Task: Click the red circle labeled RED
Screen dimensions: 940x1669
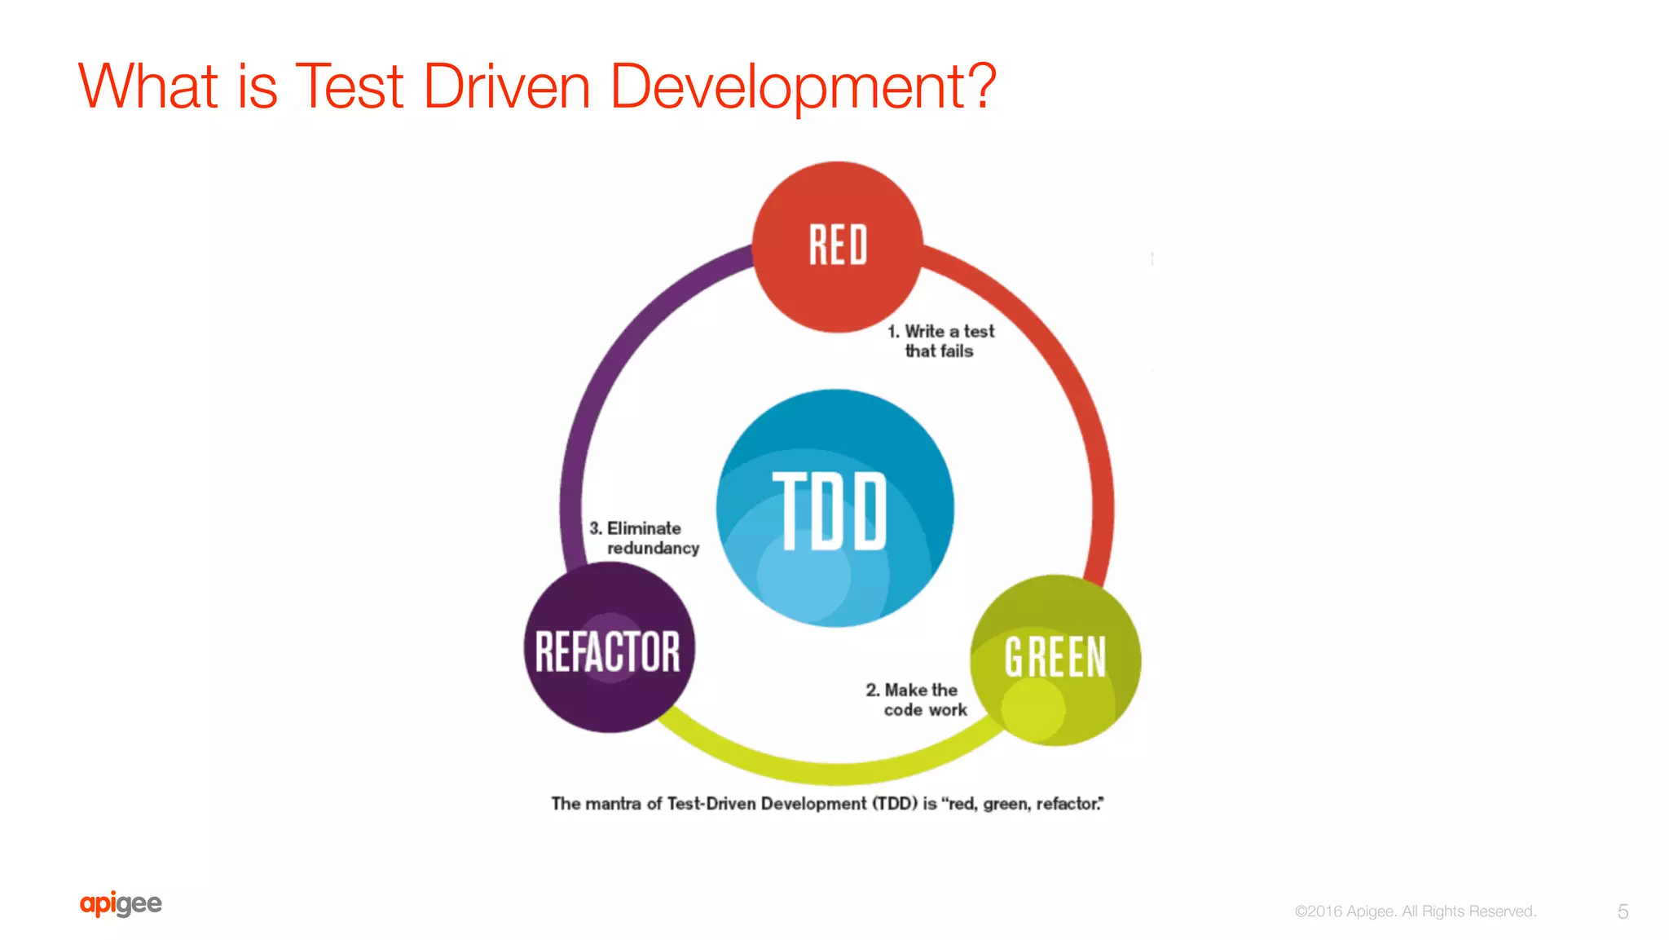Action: click(x=837, y=246)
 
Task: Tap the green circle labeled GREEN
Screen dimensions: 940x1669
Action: click(x=1055, y=659)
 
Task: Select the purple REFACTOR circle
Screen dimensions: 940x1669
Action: click(x=608, y=648)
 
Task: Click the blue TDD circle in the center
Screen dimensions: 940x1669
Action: click(x=834, y=508)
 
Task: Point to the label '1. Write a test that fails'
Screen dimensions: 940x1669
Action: click(x=940, y=341)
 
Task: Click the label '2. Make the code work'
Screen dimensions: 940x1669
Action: click(x=918, y=699)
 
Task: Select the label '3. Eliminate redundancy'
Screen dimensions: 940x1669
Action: click(x=644, y=538)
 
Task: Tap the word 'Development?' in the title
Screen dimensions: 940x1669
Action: click(x=802, y=86)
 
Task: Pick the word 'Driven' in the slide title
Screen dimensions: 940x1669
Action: click(x=506, y=86)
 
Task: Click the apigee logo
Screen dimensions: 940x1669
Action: click(x=121, y=903)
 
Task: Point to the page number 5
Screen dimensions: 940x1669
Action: click(x=1623, y=911)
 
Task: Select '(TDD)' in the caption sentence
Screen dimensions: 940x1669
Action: click(x=895, y=804)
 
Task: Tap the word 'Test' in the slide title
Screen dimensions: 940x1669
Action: click(x=350, y=86)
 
